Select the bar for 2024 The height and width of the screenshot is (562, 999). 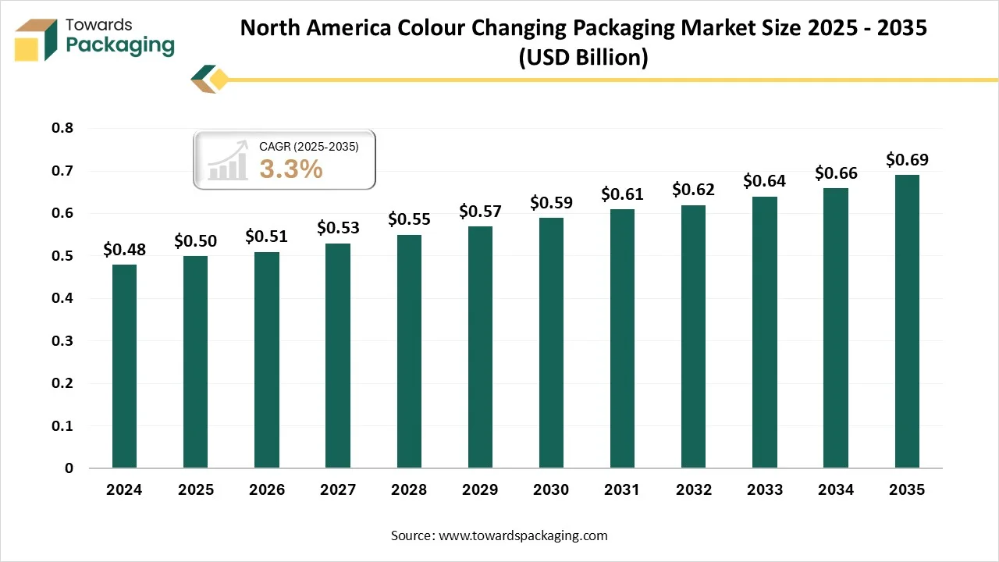click(x=124, y=366)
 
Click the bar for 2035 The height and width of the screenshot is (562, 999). click(x=907, y=322)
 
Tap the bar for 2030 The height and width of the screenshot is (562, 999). click(x=551, y=343)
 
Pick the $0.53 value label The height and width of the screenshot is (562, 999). click(x=338, y=227)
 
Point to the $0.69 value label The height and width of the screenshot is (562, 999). click(x=907, y=159)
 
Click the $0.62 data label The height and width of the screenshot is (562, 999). click(x=693, y=189)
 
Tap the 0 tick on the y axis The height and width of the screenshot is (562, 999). click(x=69, y=468)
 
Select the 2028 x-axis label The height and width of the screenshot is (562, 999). click(x=409, y=490)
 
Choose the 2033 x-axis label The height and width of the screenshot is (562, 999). click(x=765, y=490)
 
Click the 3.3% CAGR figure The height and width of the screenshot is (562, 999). click(x=291, y=169)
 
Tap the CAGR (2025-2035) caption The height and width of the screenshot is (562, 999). click(x=308, y=146)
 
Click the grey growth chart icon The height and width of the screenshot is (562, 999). click(x=227, y=163)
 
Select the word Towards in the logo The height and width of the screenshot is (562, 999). click(x=100, y=25)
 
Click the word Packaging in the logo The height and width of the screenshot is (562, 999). click(x=120, y=45)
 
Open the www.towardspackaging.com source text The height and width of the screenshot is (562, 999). click(x=523, y=535)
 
